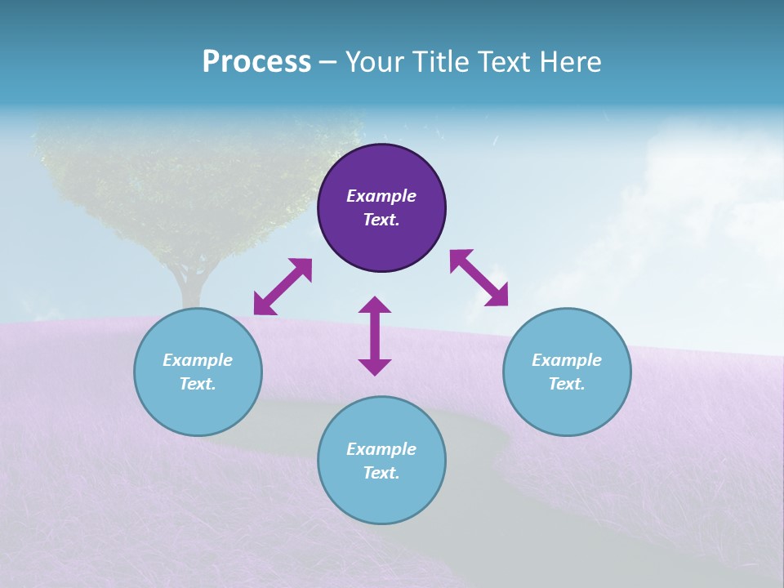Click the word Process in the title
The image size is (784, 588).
point(256,62)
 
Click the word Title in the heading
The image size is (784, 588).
point(441,62)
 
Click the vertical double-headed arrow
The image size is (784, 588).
point(375,336)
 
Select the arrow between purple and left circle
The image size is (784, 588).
point(283,287)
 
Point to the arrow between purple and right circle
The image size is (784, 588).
point(479,278)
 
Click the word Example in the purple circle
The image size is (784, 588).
point(381,196)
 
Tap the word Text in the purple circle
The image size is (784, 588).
point(381,220)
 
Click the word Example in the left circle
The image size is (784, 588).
point(198,360)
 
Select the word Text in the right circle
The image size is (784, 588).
point(567,384)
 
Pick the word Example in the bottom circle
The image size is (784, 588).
point(381,449)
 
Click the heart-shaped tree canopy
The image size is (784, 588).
point(196,180)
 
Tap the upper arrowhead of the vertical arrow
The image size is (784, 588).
point(375,305)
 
